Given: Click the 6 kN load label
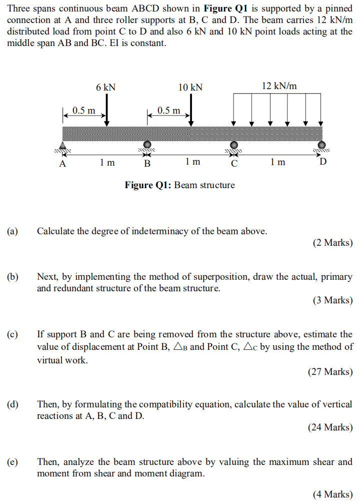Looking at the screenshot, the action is (106, 87).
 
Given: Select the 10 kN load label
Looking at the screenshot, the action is (190, 87).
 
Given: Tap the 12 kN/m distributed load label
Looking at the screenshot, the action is (279, 86).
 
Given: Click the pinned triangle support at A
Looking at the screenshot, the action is (63, 146).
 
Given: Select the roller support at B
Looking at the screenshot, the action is (147, 145).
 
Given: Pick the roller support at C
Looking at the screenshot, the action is (233, 145).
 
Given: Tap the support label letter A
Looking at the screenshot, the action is (62, 163).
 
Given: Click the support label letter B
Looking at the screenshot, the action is (147, 163).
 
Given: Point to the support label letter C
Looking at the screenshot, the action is (233, 163).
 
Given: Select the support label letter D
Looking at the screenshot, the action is (323, 162).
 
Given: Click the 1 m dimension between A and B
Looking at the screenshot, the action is (107, 162).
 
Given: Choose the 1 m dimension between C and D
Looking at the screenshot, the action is (277, 162).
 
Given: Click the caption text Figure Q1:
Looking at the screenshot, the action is (147, 185).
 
